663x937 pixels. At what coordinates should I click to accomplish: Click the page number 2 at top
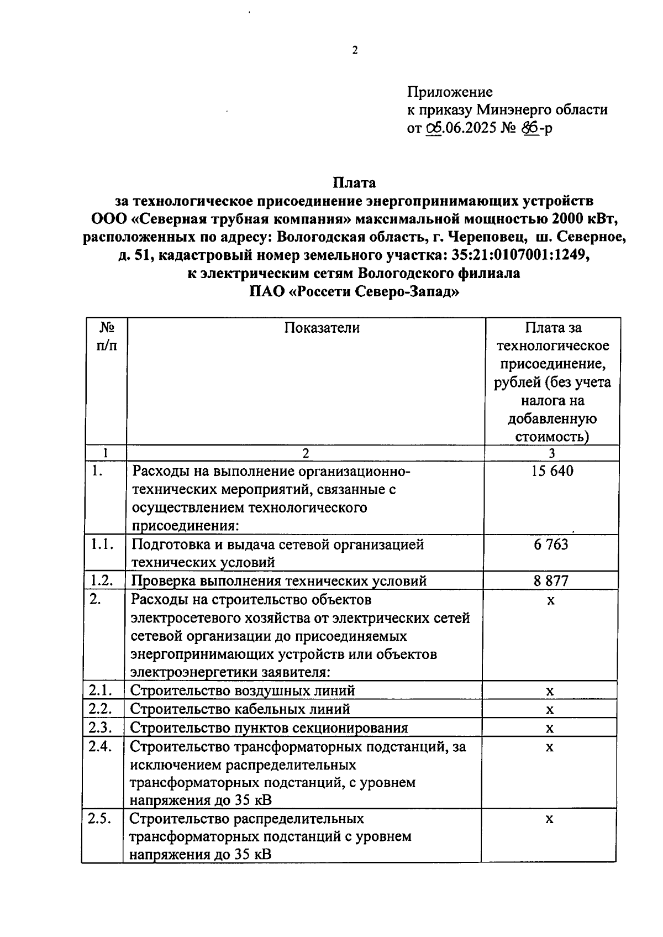(x=355, y=51)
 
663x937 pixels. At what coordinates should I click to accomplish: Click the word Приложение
(x=450, y=92)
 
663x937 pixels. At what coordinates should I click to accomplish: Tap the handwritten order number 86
(x=530, y=128)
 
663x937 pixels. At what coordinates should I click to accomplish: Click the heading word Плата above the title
(x=354, y=182)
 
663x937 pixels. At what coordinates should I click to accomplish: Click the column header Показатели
(x=322, y=328)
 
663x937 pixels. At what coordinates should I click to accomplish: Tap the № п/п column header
(x=107, y=336)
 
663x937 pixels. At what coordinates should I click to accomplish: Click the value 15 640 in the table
(x=552, y=471)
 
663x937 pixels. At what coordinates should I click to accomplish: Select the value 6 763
(x=551, y=545)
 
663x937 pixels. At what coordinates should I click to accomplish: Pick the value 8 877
(x=551, y=580)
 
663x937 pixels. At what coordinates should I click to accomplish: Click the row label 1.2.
(x=102, y=580)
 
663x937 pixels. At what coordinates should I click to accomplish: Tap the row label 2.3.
(x=100, y=727)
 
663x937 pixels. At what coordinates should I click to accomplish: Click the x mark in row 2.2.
(x=550, y=710)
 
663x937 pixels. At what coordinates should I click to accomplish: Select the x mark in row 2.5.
(x=549, y=819)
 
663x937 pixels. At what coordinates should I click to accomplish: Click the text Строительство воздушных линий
(x=243, y=690)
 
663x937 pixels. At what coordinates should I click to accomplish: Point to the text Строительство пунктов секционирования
(x=269, y=727)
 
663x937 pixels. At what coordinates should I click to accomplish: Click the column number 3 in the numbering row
(x=551, y=453)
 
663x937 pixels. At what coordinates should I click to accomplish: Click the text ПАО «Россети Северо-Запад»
(x=354, y=291)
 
